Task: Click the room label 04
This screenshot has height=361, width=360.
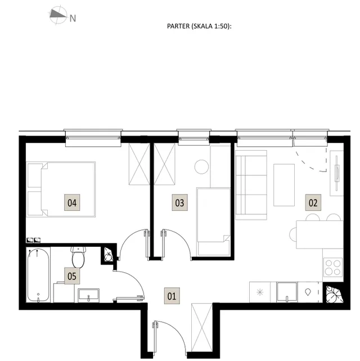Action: [72, 202]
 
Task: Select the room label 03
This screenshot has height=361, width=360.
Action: [179, 202]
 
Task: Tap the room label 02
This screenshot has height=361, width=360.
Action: [313, 202]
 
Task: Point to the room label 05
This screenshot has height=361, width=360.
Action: [72, 276]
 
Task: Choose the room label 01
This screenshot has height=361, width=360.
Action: [172, 296]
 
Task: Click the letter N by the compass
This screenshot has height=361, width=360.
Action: [73, 19]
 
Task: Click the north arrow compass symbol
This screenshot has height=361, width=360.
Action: [58, 15]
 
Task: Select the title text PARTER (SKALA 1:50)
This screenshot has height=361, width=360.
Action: [199, 26]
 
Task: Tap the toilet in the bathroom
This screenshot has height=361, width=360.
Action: [78, 257]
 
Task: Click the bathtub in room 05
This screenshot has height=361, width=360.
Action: [38, 275]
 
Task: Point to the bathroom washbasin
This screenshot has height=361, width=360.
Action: [88, 295]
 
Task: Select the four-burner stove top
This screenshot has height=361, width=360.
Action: [333, 267]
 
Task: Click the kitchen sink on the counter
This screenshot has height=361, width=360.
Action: [287, 292]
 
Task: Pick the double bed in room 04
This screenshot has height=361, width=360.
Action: [61, 189]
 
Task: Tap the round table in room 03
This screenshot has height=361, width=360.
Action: [201, 166]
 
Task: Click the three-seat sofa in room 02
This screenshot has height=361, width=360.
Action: [251, 185]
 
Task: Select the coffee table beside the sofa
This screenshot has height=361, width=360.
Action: [284, 185]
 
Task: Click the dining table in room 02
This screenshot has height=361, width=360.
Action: [319, 234]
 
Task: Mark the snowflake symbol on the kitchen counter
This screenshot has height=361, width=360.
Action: [260, 292]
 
